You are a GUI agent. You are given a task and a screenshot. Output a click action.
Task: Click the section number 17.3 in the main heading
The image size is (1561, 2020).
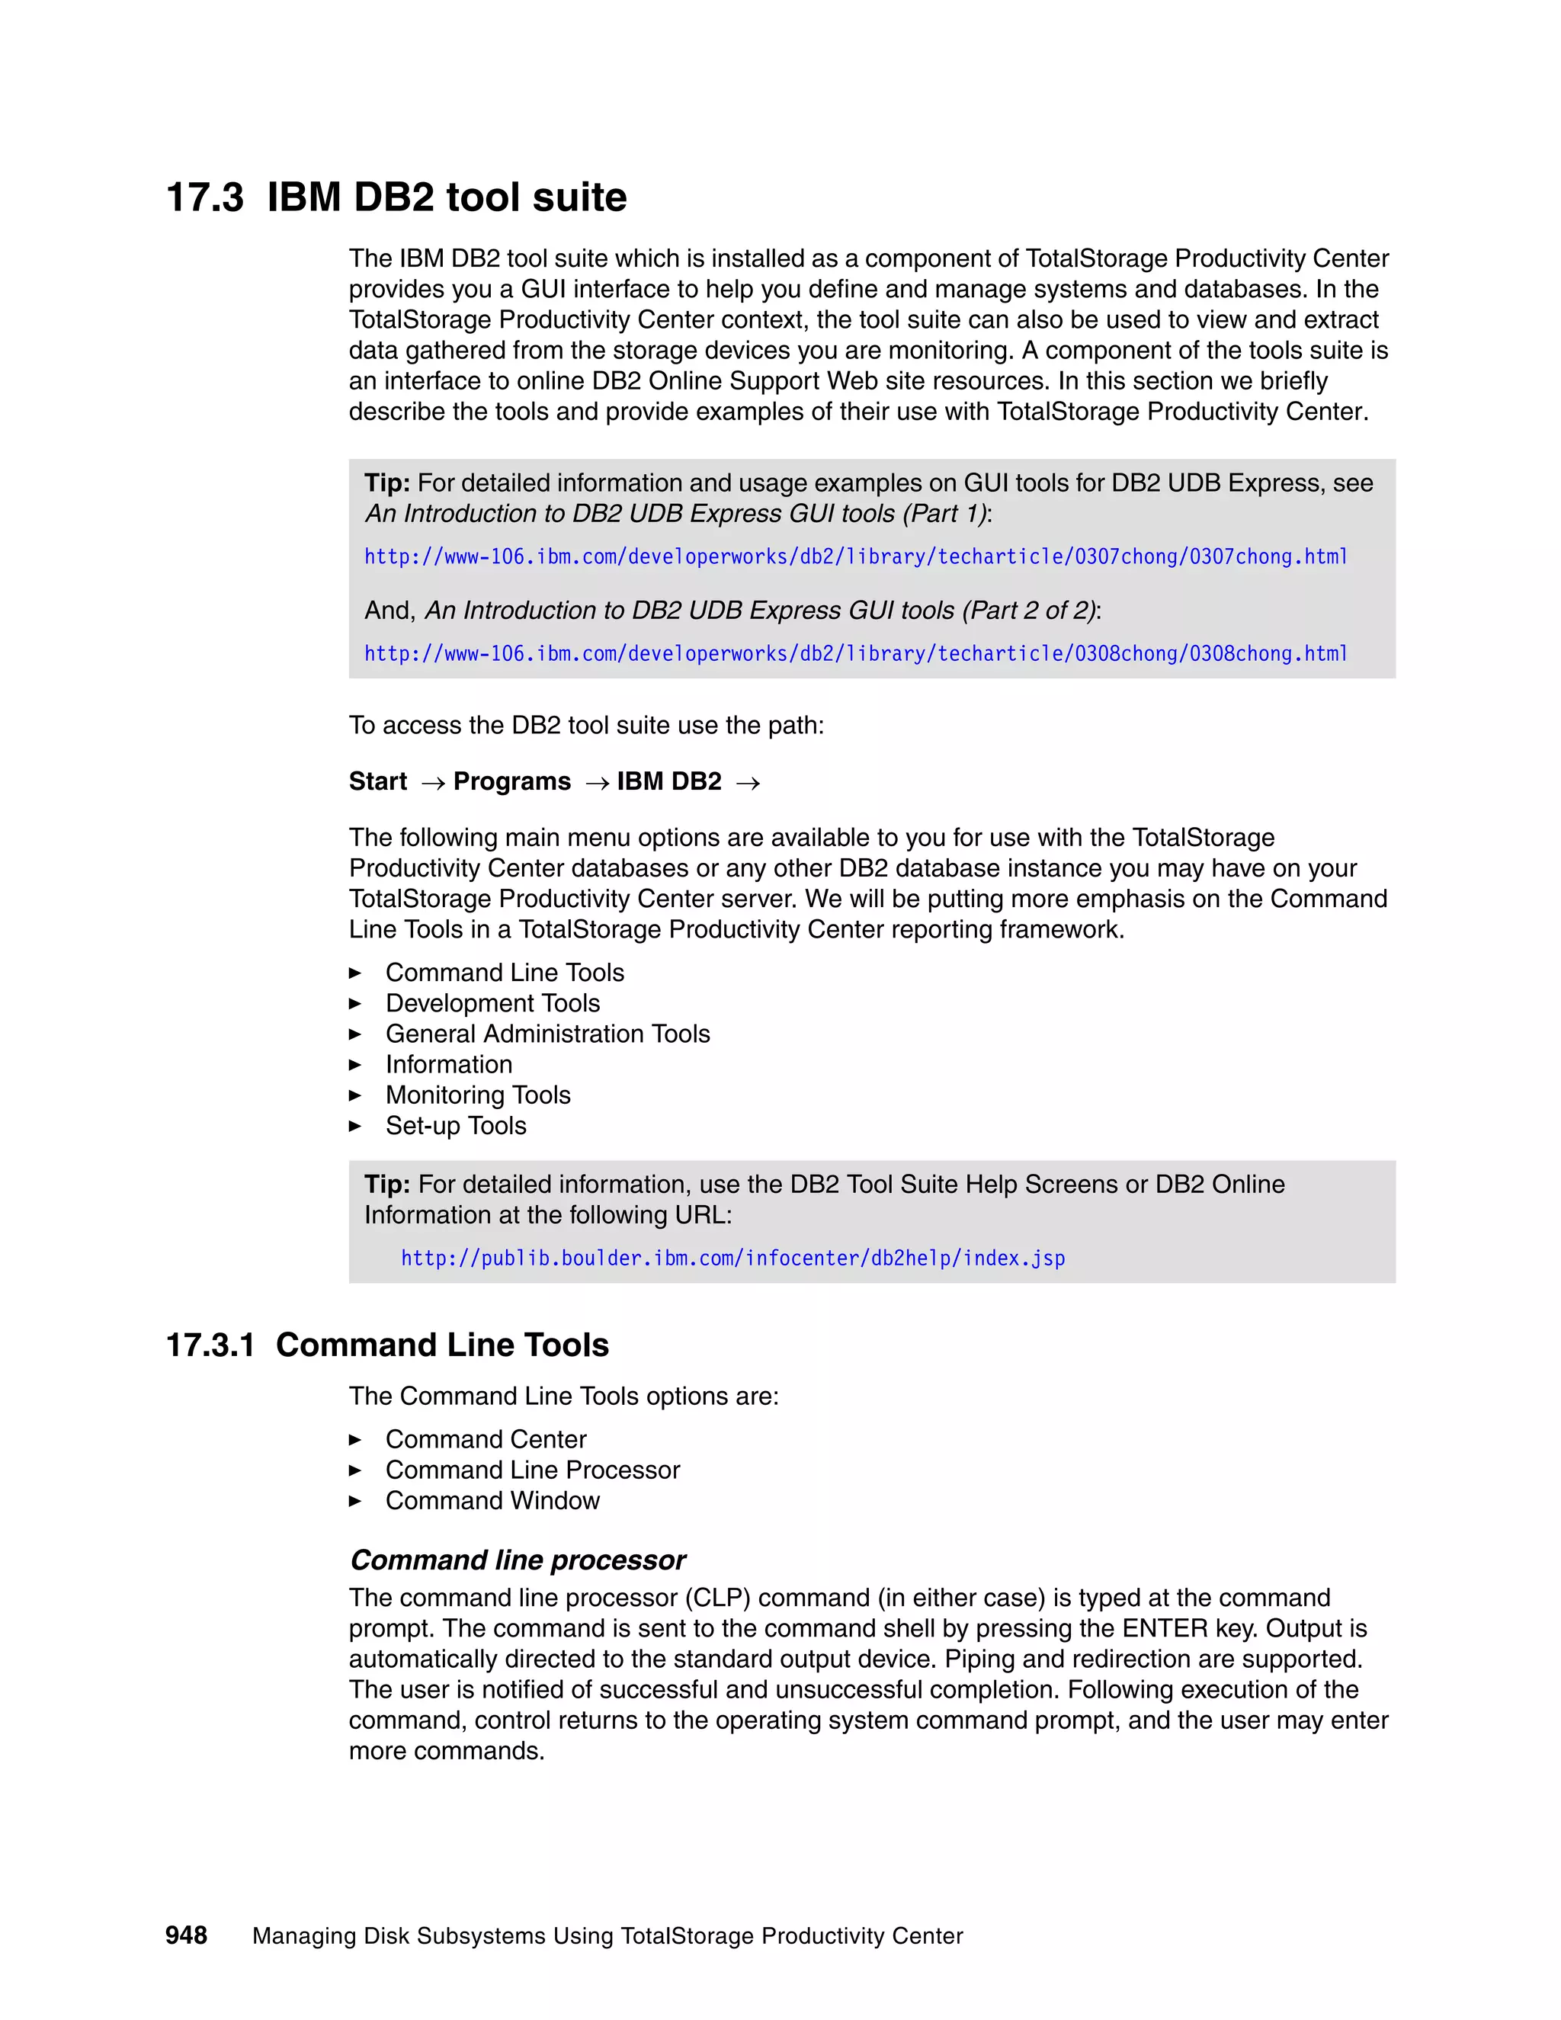click(x=204, y=198)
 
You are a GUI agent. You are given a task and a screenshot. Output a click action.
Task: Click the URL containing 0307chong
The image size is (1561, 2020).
click(x=855, y=556)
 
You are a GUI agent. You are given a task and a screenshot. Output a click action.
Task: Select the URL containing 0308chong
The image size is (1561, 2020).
click(x=855, y=654)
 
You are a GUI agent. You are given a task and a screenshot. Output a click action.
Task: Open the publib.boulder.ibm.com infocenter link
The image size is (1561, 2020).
click(x=732, y=1258)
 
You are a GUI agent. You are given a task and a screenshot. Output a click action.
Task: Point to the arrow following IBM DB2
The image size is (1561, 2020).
click(x=748, y=784)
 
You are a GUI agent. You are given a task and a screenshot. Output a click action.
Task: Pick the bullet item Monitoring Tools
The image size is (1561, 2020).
click(x=477, y=1095)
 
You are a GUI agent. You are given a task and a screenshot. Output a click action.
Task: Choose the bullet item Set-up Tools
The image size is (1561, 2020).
click(x=456, y=1126)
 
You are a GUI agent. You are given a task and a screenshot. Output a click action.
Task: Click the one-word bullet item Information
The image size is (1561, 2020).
click(x=448, y=1065)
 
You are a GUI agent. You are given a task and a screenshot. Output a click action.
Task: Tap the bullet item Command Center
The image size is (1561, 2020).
click(x=486, y=1439)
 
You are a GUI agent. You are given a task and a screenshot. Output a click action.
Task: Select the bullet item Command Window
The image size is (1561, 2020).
click(x=492, y=1500)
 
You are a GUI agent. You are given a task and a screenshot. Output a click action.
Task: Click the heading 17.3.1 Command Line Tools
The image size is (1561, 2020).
click(x=387, y=1345)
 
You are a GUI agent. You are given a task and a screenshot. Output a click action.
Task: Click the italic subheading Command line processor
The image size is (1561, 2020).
click(x=518, y=1560)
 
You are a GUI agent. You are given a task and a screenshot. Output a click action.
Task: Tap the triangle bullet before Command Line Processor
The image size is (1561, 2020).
click(x=355, y=1470)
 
